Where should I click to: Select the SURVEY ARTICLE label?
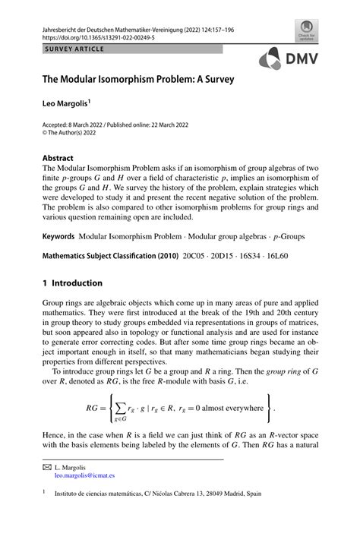(x=69, y=49)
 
